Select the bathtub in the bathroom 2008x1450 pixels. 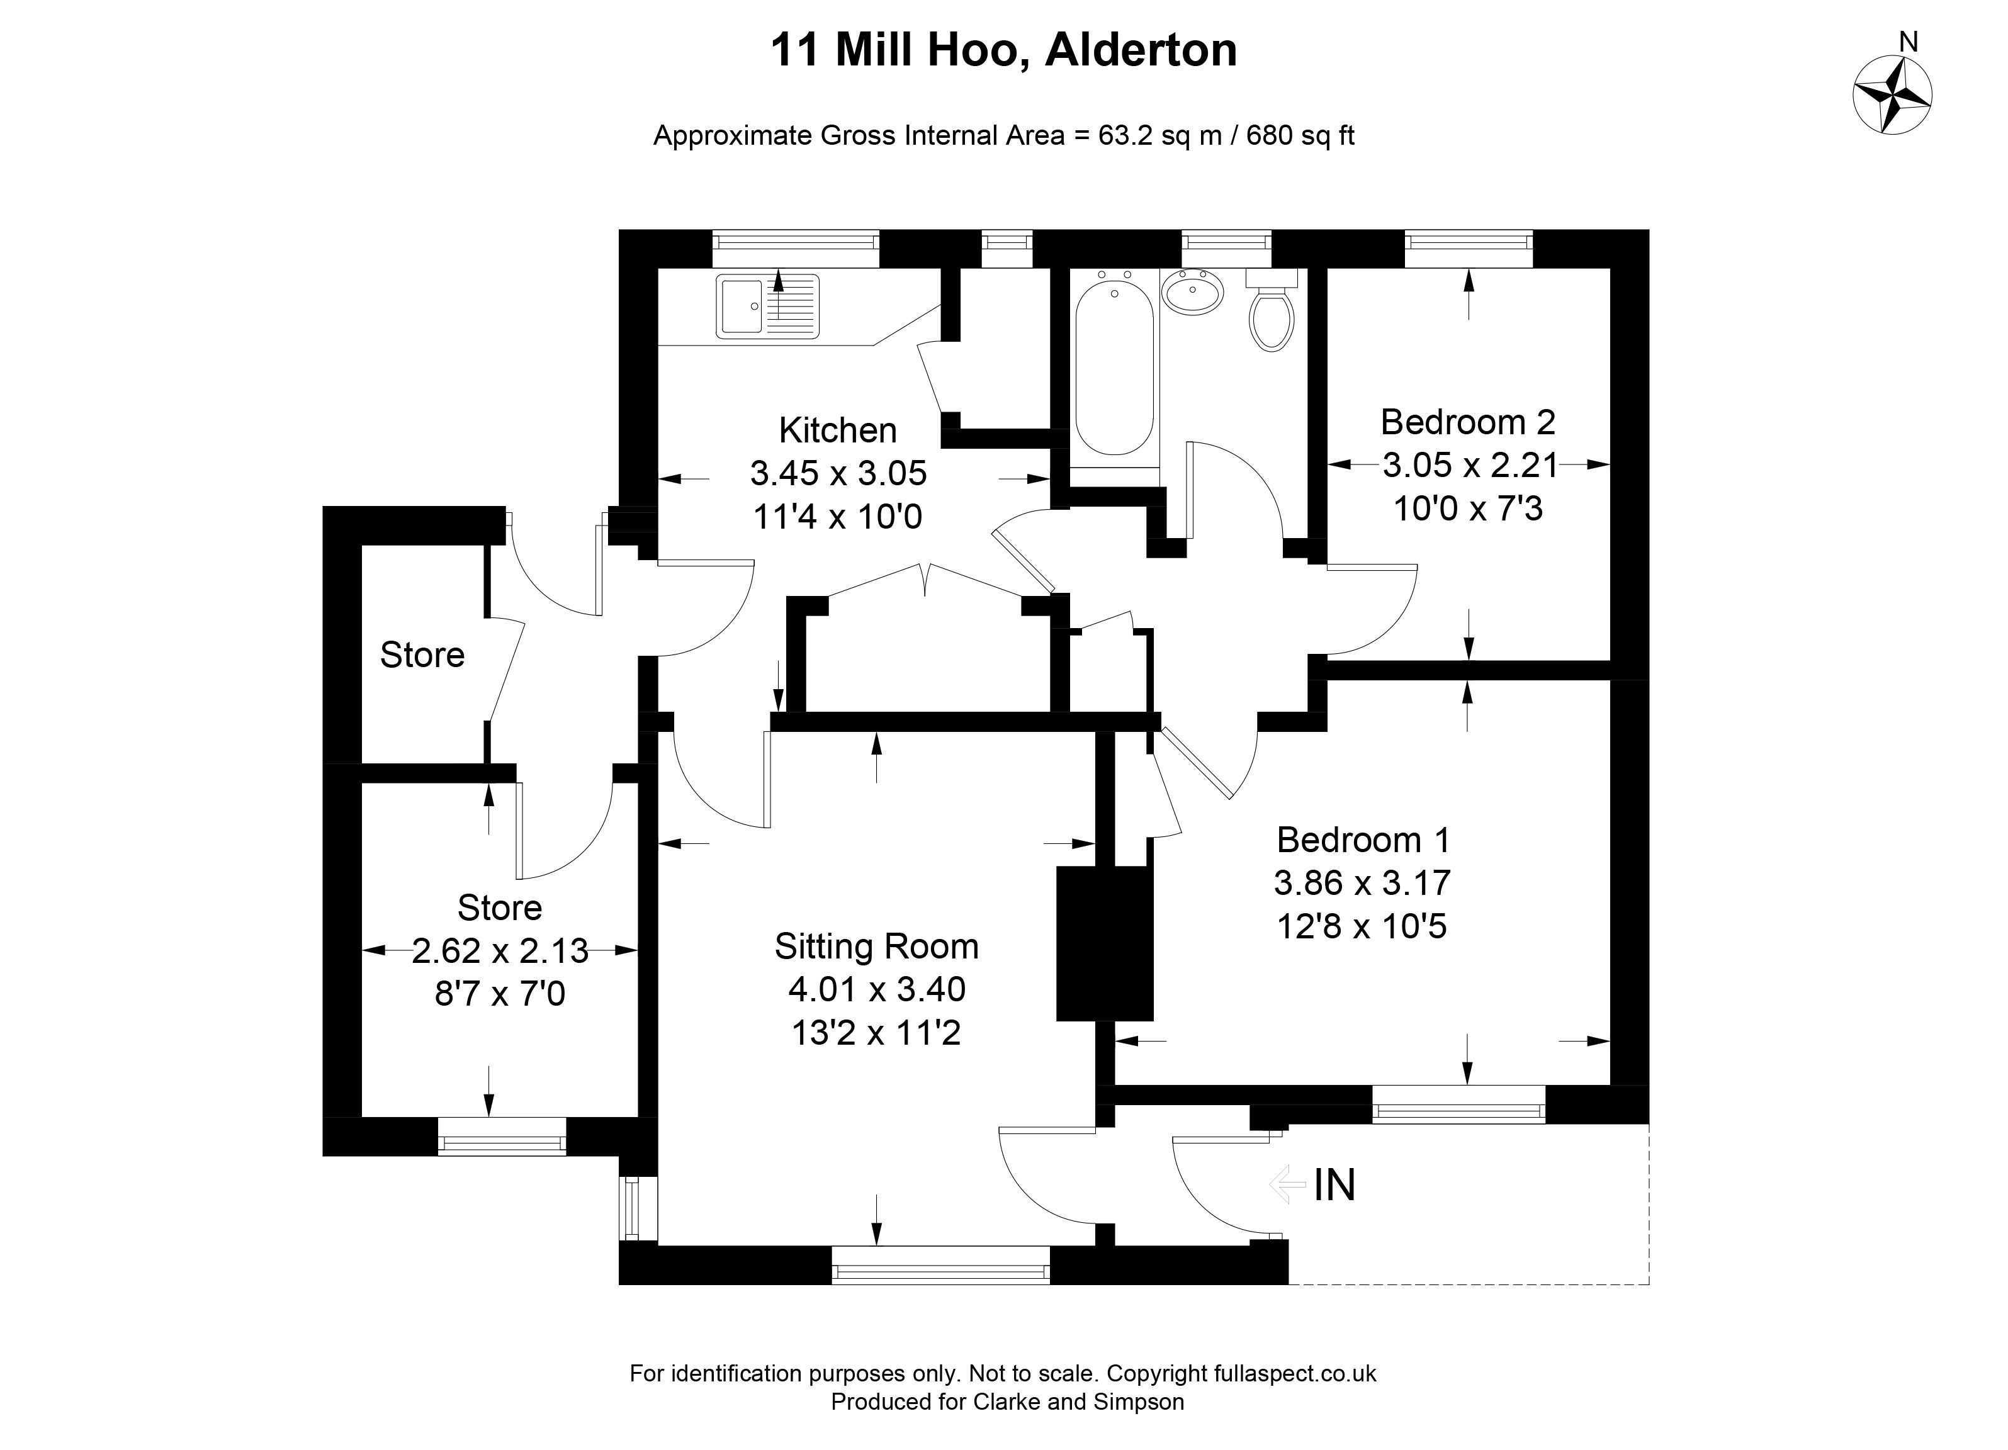point(1115,366)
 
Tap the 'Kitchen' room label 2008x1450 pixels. point(838,430)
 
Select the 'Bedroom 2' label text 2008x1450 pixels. point(1468,422)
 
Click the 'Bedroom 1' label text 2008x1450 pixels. point(1363,839)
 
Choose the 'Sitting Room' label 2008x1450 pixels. point(876,947)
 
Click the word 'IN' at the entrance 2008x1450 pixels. point(1334,1185)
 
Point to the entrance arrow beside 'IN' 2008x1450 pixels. point(1287,1184)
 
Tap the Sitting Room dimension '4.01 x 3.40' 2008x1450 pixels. point(876,989)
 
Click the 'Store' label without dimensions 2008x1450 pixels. point(422,655)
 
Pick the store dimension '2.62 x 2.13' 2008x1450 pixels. point(500,951)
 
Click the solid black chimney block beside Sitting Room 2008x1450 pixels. point(1104,943)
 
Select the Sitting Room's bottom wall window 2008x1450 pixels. point(940,1264)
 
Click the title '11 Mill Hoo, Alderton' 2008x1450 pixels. point(1003,50)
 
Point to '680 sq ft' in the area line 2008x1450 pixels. point(1300,137)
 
